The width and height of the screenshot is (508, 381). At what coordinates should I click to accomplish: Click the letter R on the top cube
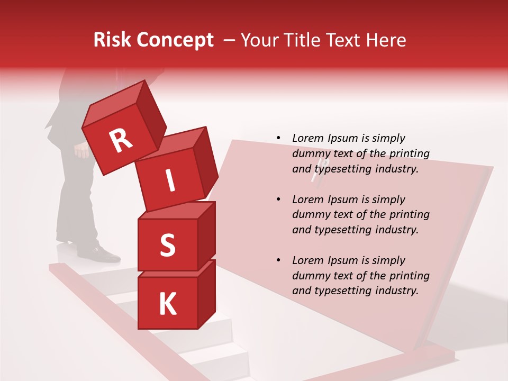[x=121, y=141]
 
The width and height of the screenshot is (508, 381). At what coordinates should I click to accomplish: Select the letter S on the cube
[x=167, y=246]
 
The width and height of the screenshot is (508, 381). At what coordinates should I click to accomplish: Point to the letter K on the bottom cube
[x=167, y=304]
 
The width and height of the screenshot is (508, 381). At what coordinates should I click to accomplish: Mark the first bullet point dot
[x=278, y=138]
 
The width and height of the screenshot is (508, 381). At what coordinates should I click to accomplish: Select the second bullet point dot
[x=278, y=199]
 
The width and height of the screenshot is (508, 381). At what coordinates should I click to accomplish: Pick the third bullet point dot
[x=278, y=260]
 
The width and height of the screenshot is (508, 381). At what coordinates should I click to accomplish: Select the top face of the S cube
[x=175, y=211]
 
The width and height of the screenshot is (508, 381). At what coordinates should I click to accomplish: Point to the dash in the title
[x=230, y=40]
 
